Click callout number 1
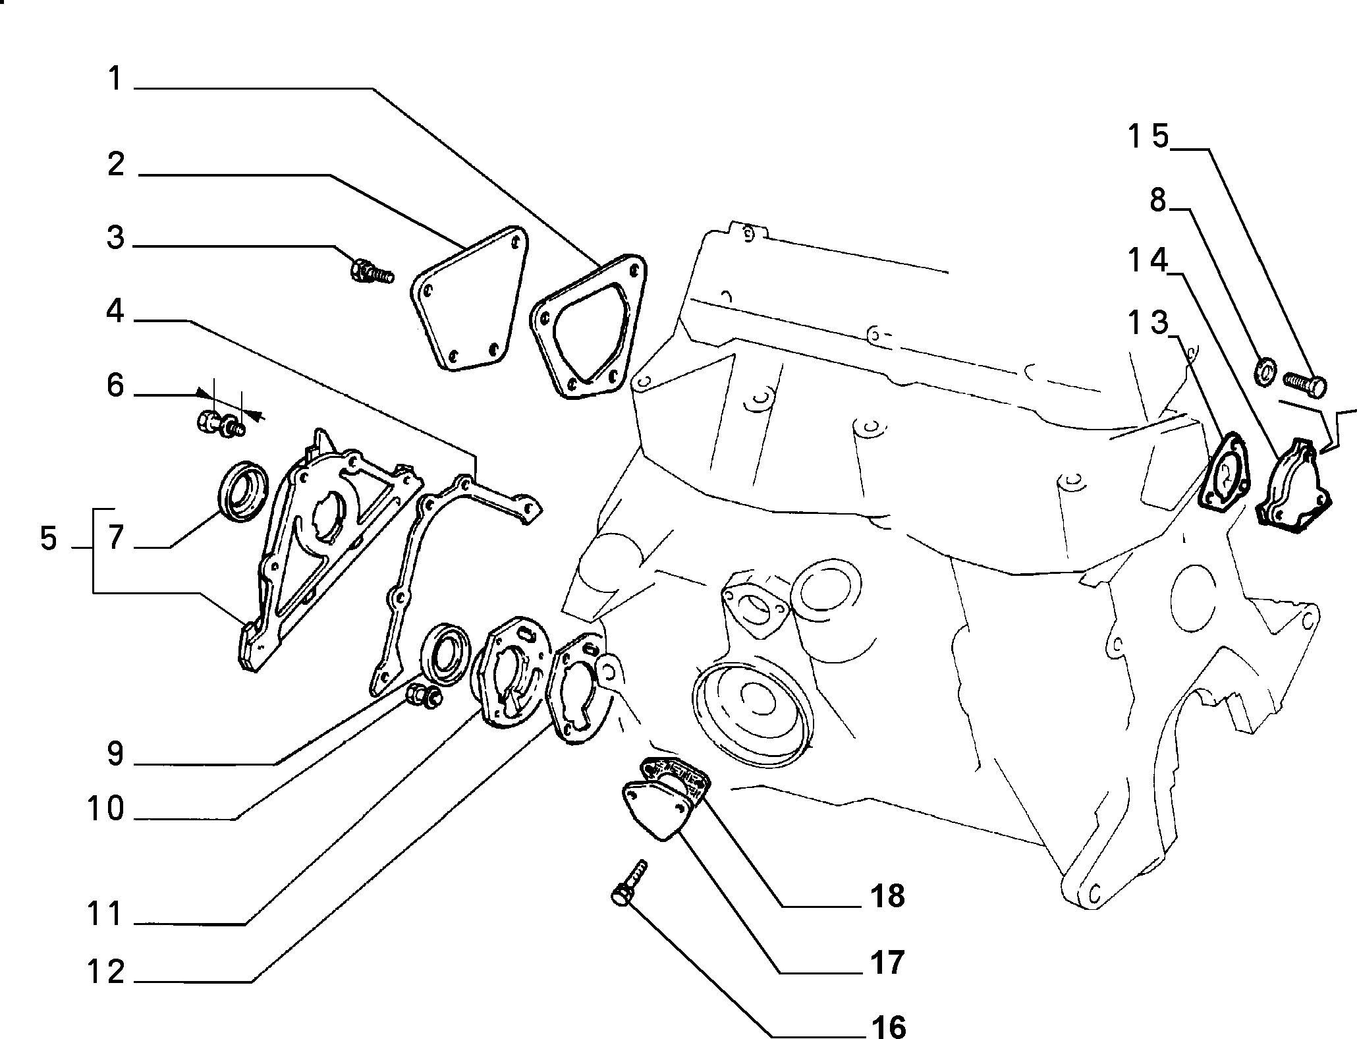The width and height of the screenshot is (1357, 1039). pos(116,79)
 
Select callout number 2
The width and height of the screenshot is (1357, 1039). pos(116,164)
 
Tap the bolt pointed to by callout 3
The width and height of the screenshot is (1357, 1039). pos(371,271)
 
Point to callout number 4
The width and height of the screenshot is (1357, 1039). pos(115,310)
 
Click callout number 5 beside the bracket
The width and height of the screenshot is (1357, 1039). pos(49,540)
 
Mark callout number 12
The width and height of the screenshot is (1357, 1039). pos(106,972)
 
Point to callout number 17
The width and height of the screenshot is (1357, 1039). pos(886,962)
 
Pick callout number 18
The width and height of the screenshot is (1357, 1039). pos(886,895)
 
